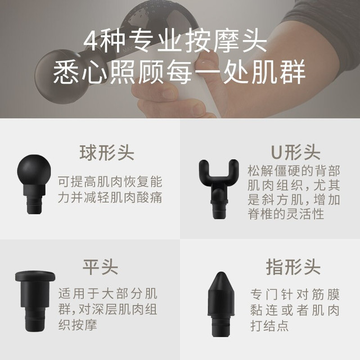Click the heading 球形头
(107, 152)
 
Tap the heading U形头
(295, 152)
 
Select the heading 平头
(101, 267)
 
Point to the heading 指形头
(293, 267)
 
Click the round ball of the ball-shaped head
(34, 170)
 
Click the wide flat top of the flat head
(35, 276)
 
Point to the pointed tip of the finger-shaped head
(221, 273)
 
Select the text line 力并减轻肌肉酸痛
(110, 197)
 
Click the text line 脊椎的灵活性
(286, 214)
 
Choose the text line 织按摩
(78, 325)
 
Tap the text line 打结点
(269, 326)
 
